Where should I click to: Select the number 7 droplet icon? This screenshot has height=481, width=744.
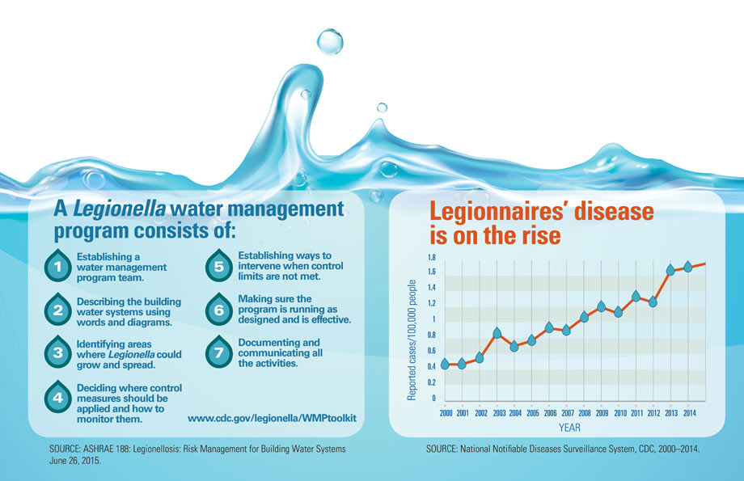click(218, 352)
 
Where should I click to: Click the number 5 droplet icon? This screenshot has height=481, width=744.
click(218, 265)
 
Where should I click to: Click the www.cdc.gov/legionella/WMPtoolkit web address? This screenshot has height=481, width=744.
click(272, 418)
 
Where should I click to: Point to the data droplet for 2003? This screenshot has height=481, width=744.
click(497, 333)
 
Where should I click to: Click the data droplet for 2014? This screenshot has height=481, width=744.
click(688, 266)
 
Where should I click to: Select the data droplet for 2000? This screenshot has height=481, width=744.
click(444, 364)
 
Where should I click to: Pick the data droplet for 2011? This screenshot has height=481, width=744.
click(636, 296)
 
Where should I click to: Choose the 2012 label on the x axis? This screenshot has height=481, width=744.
click(653, 412)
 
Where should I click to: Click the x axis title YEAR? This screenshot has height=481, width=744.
click(569, 428)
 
